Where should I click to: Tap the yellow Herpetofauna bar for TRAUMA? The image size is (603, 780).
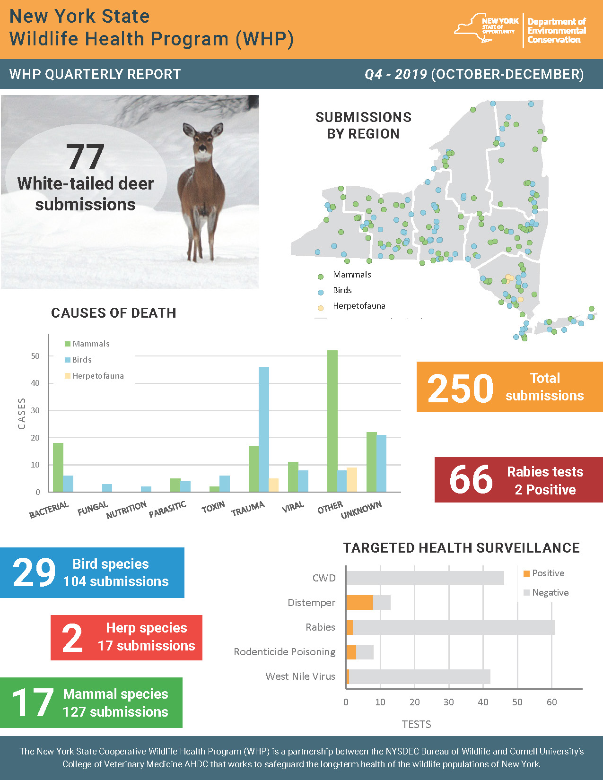click(273, 485)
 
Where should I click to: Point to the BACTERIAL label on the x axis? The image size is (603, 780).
click(49, 510)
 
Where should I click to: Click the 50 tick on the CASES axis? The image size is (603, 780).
click(35, 356)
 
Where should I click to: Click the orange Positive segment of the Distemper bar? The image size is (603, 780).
click(359, 602)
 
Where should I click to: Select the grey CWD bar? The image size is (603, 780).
click(425, 578)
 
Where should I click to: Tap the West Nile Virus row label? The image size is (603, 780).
click(300, 676)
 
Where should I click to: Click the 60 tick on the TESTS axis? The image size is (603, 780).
click(551, 702)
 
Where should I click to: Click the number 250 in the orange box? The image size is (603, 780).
click(460, 389)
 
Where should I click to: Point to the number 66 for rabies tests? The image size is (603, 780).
click(471, 479)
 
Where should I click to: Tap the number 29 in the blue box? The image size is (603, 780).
click(34, 572)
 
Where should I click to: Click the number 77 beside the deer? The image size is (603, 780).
click(85, 157)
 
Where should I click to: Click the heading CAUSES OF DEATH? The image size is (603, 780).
click(114, 313)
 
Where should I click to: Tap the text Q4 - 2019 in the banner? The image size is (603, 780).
click(395, 74)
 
